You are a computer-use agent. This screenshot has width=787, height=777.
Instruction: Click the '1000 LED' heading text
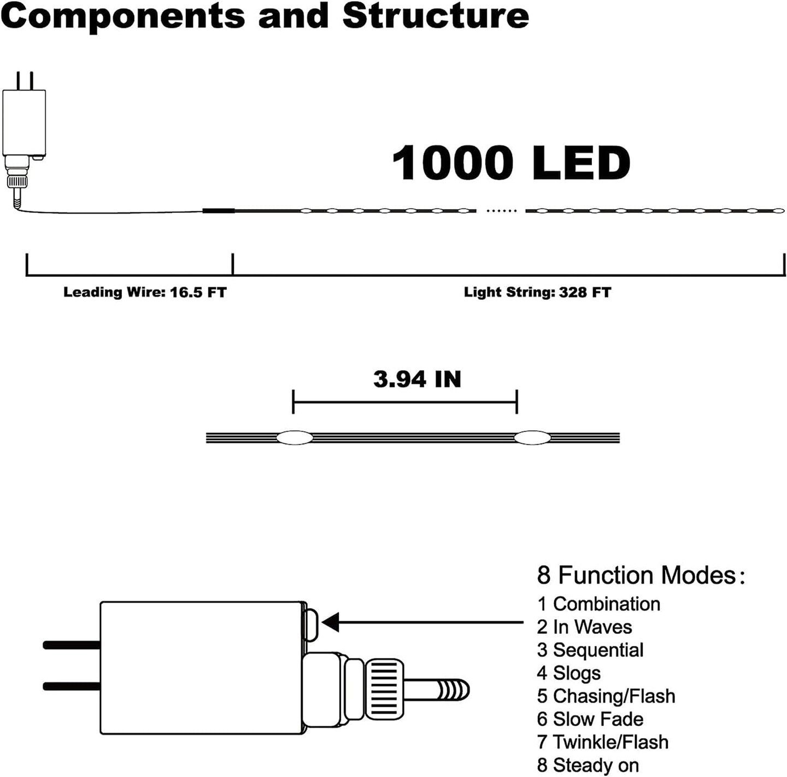(x=511, y=163)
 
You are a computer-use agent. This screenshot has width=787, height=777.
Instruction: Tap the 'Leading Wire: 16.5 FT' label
(x=145, y=292)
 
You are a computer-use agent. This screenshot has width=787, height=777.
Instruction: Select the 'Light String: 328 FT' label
(x=537, y=292)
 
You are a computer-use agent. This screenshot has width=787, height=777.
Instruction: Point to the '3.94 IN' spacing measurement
(x=417, y=379)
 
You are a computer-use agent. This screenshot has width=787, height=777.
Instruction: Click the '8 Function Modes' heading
(x=641, y=576)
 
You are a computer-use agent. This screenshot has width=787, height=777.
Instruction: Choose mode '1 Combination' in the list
(x=598, y=604)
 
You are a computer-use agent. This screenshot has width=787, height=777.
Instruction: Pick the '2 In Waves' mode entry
(x=584, y=627)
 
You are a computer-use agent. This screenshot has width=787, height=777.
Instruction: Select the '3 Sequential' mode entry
(x=590, y=650)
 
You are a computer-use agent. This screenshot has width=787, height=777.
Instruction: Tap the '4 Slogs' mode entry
(x=569, y=673)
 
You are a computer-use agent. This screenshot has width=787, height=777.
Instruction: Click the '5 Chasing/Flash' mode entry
(x=606, y=696)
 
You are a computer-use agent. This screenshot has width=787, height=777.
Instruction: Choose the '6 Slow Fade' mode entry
(x=590, y=719)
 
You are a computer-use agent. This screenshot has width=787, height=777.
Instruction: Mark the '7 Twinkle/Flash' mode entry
(x=603, y=742)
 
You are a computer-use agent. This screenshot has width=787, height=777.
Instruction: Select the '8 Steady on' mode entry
(x=588, y=766)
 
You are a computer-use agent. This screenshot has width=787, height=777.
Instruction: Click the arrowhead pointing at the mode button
(x=331, y=622)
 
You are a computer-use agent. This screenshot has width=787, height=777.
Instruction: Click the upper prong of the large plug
(x=71, y=645)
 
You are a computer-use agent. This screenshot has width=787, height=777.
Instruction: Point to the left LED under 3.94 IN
(x=295, y=437)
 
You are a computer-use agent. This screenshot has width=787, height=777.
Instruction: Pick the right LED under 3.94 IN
(x=532, y=437)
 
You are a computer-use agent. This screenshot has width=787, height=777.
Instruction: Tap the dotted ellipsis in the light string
(x=501, y=211)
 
